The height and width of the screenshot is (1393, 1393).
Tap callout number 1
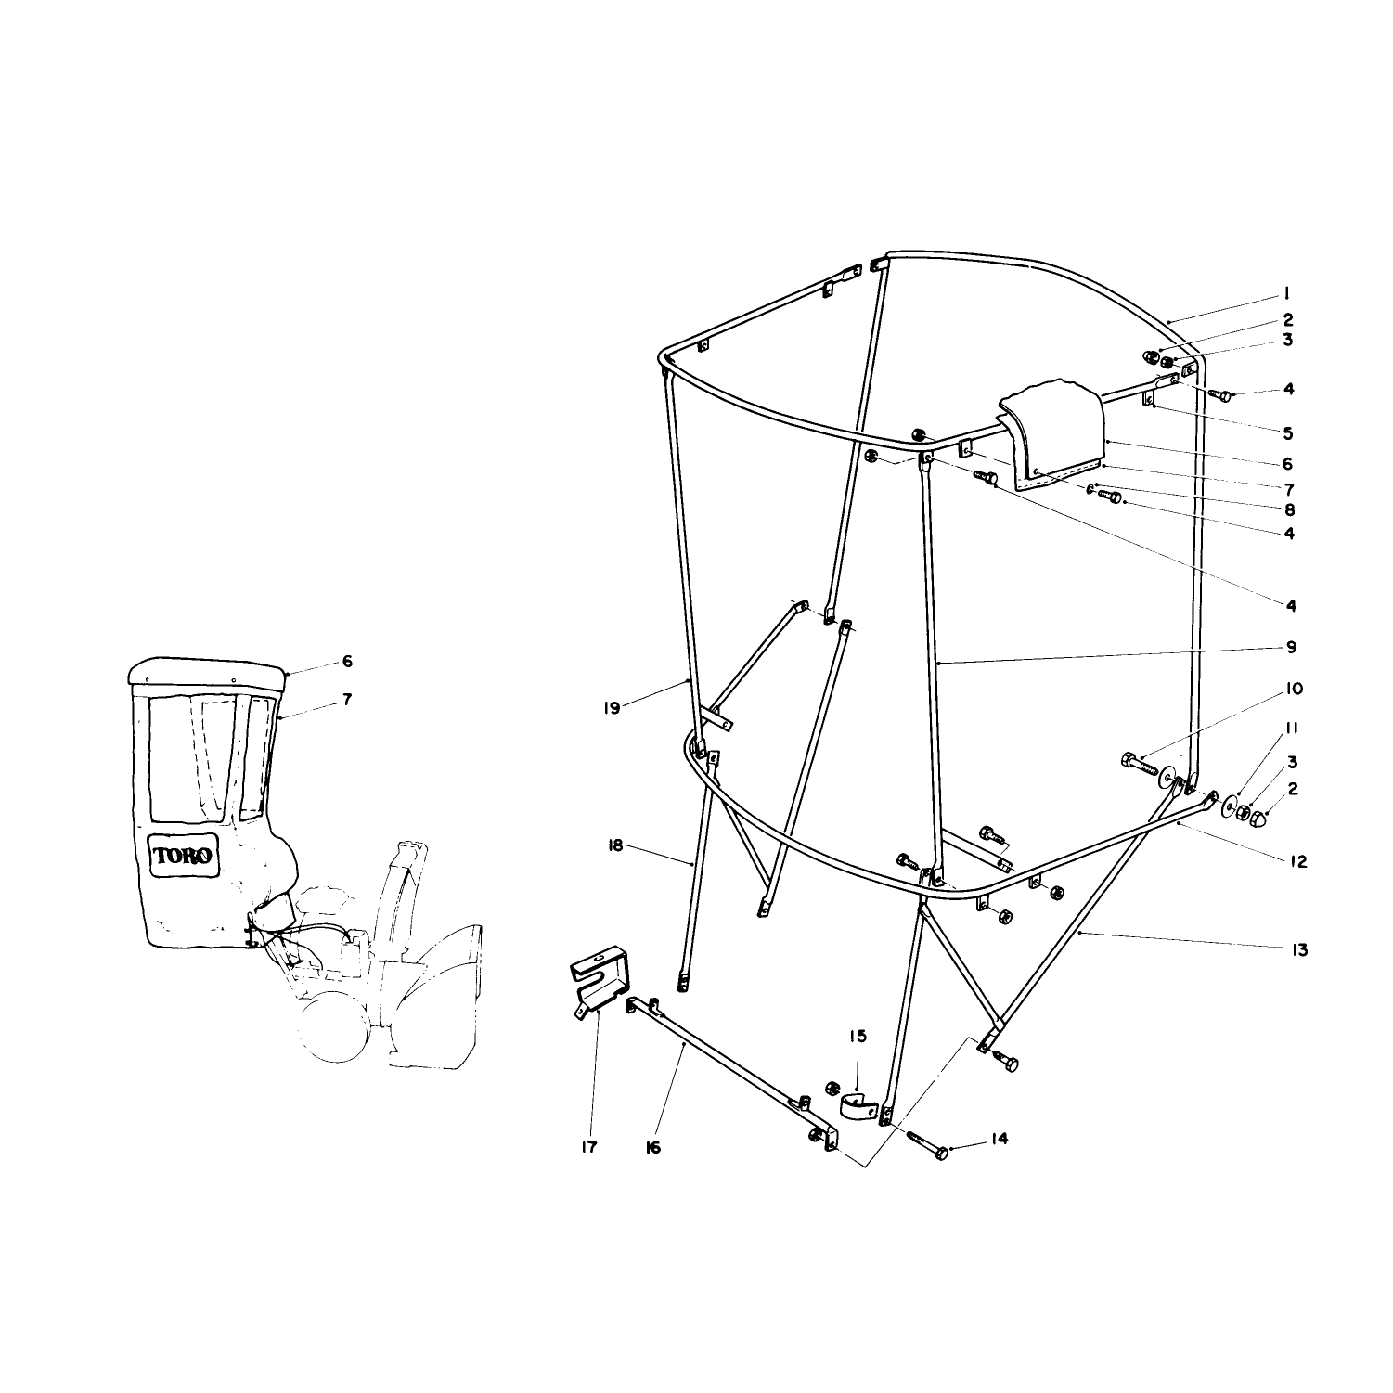point(1287,294)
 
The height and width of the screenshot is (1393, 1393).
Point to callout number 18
point(615,846)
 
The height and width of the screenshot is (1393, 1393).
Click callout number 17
point(588,1147)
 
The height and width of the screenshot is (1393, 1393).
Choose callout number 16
point(652,1148)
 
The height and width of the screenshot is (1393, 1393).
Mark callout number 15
point(858,1035)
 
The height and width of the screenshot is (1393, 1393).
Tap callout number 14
point(999,1139)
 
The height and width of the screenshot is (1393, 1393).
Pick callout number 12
point(1297,861)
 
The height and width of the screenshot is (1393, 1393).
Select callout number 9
point(1292,647)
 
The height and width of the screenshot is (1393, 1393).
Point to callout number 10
point(1294,689)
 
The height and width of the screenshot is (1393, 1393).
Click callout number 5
point(1289,432)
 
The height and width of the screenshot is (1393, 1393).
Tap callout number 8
point(1289,509)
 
